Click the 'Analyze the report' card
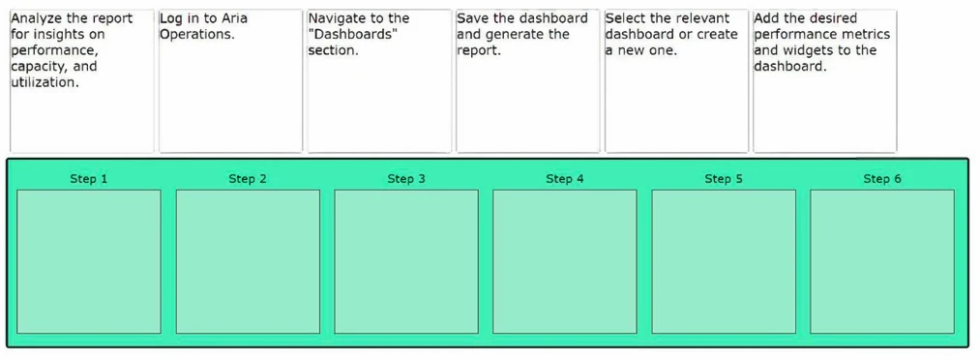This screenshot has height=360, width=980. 82,81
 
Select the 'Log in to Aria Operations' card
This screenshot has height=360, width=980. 230,81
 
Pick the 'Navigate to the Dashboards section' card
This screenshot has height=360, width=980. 378,81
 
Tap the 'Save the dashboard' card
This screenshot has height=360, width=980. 527,81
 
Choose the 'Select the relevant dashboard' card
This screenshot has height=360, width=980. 676,81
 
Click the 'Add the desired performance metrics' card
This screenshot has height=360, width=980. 824,81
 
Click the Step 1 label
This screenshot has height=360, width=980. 89,179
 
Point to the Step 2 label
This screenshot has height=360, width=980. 248,179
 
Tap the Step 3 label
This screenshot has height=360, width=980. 406,179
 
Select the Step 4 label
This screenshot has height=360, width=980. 565,179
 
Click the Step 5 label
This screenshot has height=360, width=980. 724,179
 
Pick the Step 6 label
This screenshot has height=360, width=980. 882,179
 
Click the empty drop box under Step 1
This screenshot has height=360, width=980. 89,261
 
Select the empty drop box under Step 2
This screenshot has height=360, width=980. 248,261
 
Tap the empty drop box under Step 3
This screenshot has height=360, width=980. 406,261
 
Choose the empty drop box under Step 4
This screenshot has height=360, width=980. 565,261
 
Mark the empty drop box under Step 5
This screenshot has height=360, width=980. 724,261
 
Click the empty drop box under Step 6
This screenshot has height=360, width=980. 882,261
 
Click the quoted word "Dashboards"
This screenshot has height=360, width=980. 353,35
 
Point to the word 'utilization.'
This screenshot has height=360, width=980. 45,83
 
